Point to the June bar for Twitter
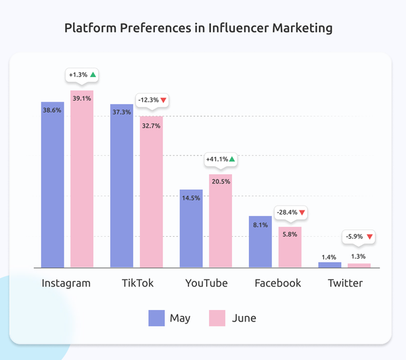pyautogui.click(x=359, y=265)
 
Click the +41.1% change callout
pyautogui.click(x=221, y=159)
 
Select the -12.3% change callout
pyautogui.click(x=152, y=100)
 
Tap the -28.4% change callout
pyautogui.click(x=290, y=212)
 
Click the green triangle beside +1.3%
pyautogui.click(x=93, y=74)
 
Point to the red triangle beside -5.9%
pyautogui.click(x=369, y=237)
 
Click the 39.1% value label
pyautogui.click(x=82, y=98)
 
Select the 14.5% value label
pyautogui.click(x=191, y=198)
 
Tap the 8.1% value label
pyautogui.click(x=261, y=225)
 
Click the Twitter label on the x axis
pyautogui.click(x=344, y=283)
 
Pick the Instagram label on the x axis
pyautogui.click(x=66, y=283)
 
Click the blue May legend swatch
pyautogui.click(x=156, y=317)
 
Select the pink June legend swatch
pyautogui.click(x=216, y=317)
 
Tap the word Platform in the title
pyautogui.click(x=90, y=28)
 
